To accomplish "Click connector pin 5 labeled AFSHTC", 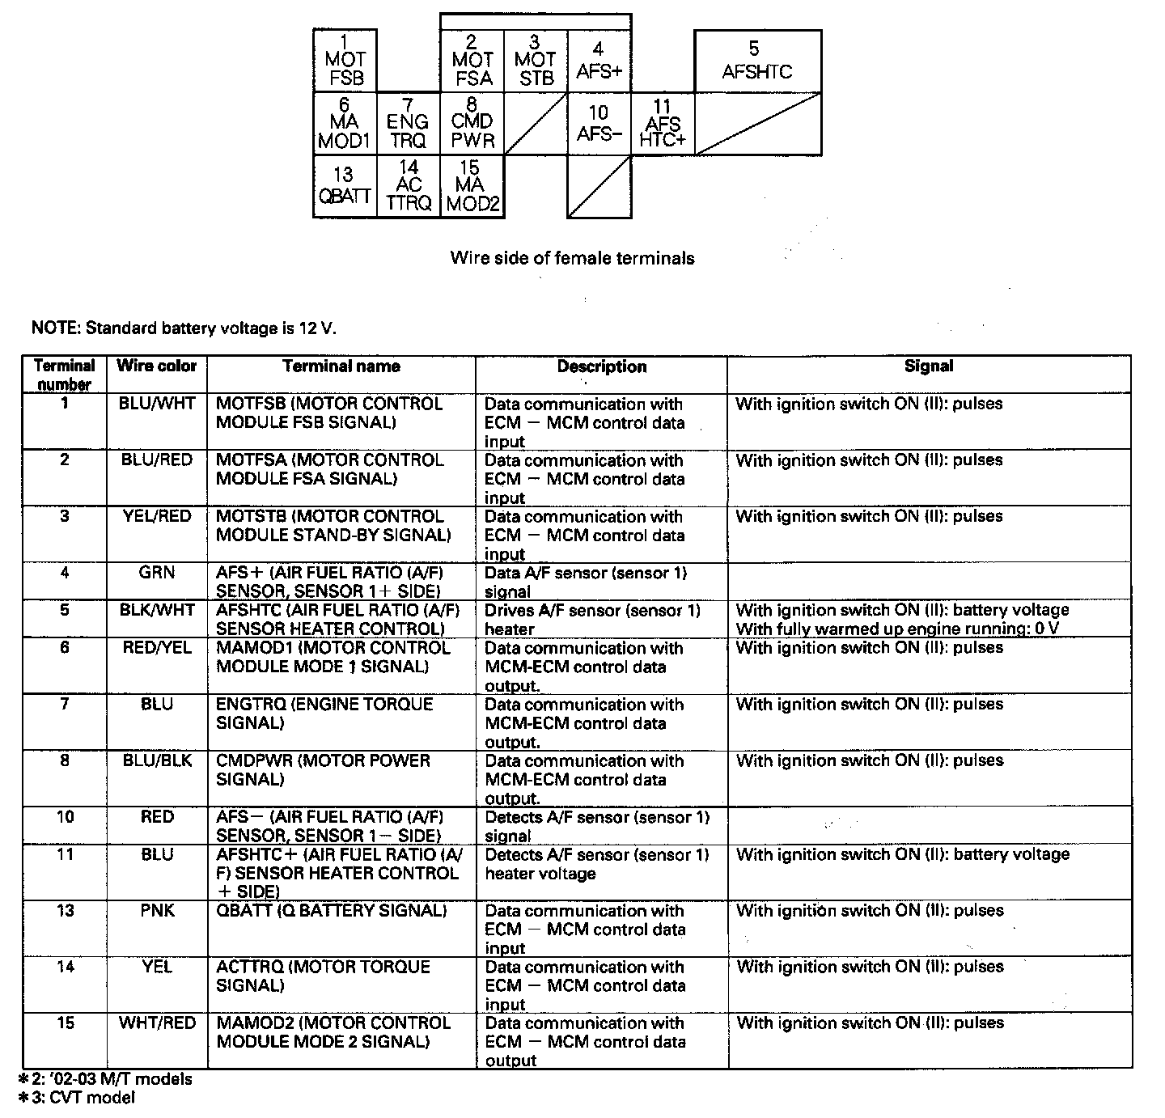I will point(757,61).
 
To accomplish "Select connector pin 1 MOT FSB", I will point(345,61).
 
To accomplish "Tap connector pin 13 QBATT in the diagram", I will point(345,187).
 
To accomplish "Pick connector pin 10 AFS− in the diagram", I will point(599,123).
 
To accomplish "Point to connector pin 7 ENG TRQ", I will point(408,123).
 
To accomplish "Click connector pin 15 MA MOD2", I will point(472,187).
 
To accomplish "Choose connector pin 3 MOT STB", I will point(536,61).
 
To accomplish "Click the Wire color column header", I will point(156,366).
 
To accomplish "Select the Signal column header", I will point(929,366).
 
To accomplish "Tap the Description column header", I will point(601,366).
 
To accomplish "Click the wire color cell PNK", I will point(156,911).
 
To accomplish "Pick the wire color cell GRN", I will point(156,573).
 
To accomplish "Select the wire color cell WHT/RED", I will point(156,1023).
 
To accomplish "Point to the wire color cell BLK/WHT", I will point(156,610).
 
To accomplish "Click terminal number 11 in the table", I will point(65,854).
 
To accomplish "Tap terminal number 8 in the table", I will point(65,760).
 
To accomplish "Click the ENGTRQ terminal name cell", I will point(324,713).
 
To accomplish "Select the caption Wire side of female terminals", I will point(572,258).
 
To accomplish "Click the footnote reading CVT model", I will point(77,1098).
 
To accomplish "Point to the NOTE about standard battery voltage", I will point(183,328).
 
